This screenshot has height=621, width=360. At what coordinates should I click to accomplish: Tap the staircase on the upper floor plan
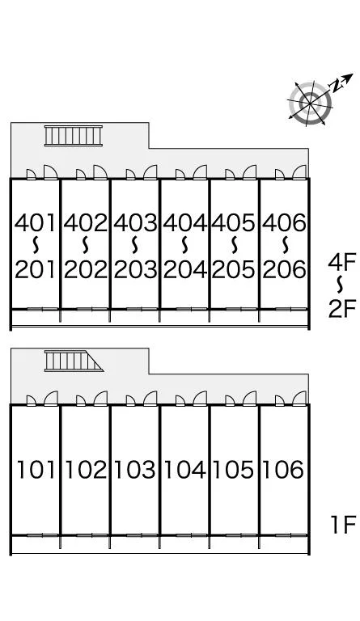coord(74,136)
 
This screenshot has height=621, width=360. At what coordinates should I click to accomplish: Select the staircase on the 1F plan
coord(74,361)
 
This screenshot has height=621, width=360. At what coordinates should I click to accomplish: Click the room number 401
coord(36,222)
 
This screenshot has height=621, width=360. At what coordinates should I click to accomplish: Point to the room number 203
coord(135,269)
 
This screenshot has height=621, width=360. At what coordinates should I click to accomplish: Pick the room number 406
coord(284,222)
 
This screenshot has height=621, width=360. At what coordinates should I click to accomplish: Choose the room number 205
coord(234,269)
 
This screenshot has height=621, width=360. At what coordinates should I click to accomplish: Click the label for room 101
coord(36,470)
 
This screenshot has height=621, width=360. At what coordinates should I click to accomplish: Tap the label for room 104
coord(184,470)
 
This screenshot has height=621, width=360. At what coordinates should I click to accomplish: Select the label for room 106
coord(283,470)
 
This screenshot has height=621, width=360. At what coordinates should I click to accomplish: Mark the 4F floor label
coord(342,262)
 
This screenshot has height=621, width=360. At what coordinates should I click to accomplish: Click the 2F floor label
coord(342,309)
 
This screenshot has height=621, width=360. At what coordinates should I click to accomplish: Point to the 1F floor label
coord(344,525)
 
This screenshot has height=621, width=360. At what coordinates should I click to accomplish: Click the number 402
coord(86,222)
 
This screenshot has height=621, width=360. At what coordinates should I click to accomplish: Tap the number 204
coord(185,269)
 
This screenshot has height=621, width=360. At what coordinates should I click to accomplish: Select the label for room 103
coord(134,470)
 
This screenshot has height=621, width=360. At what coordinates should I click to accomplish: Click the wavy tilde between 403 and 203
coord(135,246)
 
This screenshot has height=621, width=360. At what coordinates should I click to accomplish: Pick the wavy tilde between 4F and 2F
coord(341,285)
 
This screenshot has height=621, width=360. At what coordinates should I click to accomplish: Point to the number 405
coord(233,222)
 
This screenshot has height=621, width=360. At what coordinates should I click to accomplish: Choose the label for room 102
coord(86,470)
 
